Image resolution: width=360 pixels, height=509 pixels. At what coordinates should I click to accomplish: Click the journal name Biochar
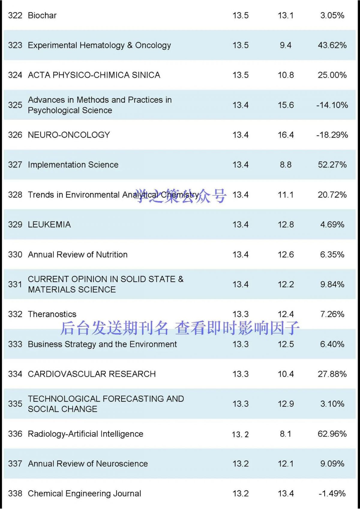42,15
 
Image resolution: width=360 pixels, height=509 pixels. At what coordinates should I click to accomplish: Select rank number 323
15,45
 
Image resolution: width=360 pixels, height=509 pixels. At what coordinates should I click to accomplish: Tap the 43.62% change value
332,45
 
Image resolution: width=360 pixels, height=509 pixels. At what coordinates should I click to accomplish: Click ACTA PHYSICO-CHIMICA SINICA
94,75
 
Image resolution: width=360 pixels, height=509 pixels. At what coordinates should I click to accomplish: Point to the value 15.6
286,105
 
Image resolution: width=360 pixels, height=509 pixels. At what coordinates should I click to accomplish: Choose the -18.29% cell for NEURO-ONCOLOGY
332,135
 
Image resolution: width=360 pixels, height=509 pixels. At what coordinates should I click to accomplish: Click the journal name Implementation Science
73,165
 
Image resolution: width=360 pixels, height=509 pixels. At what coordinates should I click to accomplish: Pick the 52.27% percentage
332,165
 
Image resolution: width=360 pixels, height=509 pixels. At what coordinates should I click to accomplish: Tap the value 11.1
286,195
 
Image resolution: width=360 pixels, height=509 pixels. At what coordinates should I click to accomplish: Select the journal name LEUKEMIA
49,224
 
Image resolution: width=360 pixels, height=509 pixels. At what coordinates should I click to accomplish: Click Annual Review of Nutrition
78,254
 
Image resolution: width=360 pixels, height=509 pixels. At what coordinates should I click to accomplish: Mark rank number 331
15,284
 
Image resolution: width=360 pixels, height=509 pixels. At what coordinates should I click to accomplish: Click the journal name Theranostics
52,314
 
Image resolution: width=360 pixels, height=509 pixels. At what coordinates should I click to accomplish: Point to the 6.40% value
332,344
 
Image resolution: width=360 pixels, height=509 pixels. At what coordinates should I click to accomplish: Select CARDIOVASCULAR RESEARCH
91,374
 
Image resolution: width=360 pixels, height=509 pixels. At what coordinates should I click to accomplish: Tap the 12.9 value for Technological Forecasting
286,404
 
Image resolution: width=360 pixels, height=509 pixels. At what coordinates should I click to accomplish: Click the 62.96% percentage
332,434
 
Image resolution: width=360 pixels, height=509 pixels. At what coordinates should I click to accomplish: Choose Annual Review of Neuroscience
88,464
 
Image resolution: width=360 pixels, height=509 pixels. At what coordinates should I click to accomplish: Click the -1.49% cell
332,493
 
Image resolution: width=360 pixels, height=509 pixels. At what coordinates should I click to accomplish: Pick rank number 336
15,434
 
